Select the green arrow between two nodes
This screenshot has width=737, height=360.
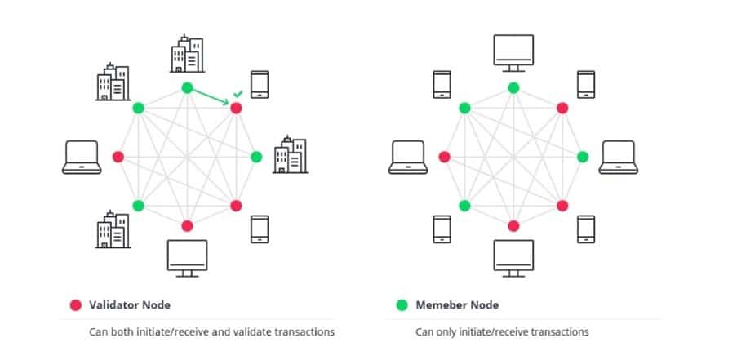click(211, 97)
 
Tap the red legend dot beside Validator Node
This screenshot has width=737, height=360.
click(74, 305)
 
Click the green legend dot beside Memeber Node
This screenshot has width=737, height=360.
click(401, 305)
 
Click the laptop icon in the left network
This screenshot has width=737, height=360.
click(82, 157)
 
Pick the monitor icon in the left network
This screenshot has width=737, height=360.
click(187, 256)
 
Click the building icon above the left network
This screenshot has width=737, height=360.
click(187, 54)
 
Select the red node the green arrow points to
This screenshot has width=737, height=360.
click(236, 108)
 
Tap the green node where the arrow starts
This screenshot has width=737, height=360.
click(187, 88)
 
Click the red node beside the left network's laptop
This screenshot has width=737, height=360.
click(118, 157)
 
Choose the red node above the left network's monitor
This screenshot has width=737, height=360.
click(187, 225)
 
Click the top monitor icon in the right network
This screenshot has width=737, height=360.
click(513, 52)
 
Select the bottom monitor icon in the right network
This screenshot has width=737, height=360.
click(513, 256)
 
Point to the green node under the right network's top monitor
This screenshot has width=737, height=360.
click(513, 88)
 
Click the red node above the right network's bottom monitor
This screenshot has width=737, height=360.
click(513, 225)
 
